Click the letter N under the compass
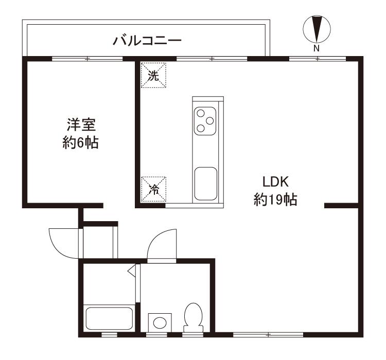(317, 49)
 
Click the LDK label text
(277, 182)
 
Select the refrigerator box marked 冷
(153, 189)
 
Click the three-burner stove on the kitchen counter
(205, 121)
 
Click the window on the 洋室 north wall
(87, 59)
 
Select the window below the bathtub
(109, 335)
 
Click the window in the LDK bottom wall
(268, 335)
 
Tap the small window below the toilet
(193, 335)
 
